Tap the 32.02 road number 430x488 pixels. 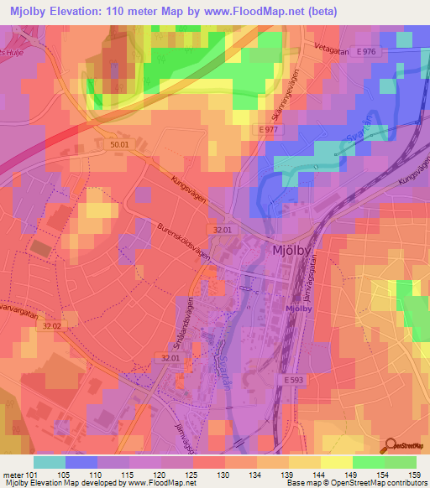pos(52,325)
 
